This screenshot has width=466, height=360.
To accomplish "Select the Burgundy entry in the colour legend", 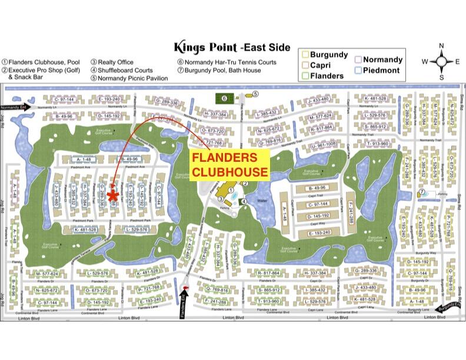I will pyautogui.click(x=324, y=55).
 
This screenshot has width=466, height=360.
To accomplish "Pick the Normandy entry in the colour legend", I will pyautogui.click(x=382, y=59).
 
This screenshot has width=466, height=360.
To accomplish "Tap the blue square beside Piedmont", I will pyautogui.click(x=359, y=71).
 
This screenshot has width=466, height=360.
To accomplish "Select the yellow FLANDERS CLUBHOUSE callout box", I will pyautogui.click(x=230, y=165).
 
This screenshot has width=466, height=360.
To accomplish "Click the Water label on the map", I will pyautogui.click(x=263, y=200).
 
